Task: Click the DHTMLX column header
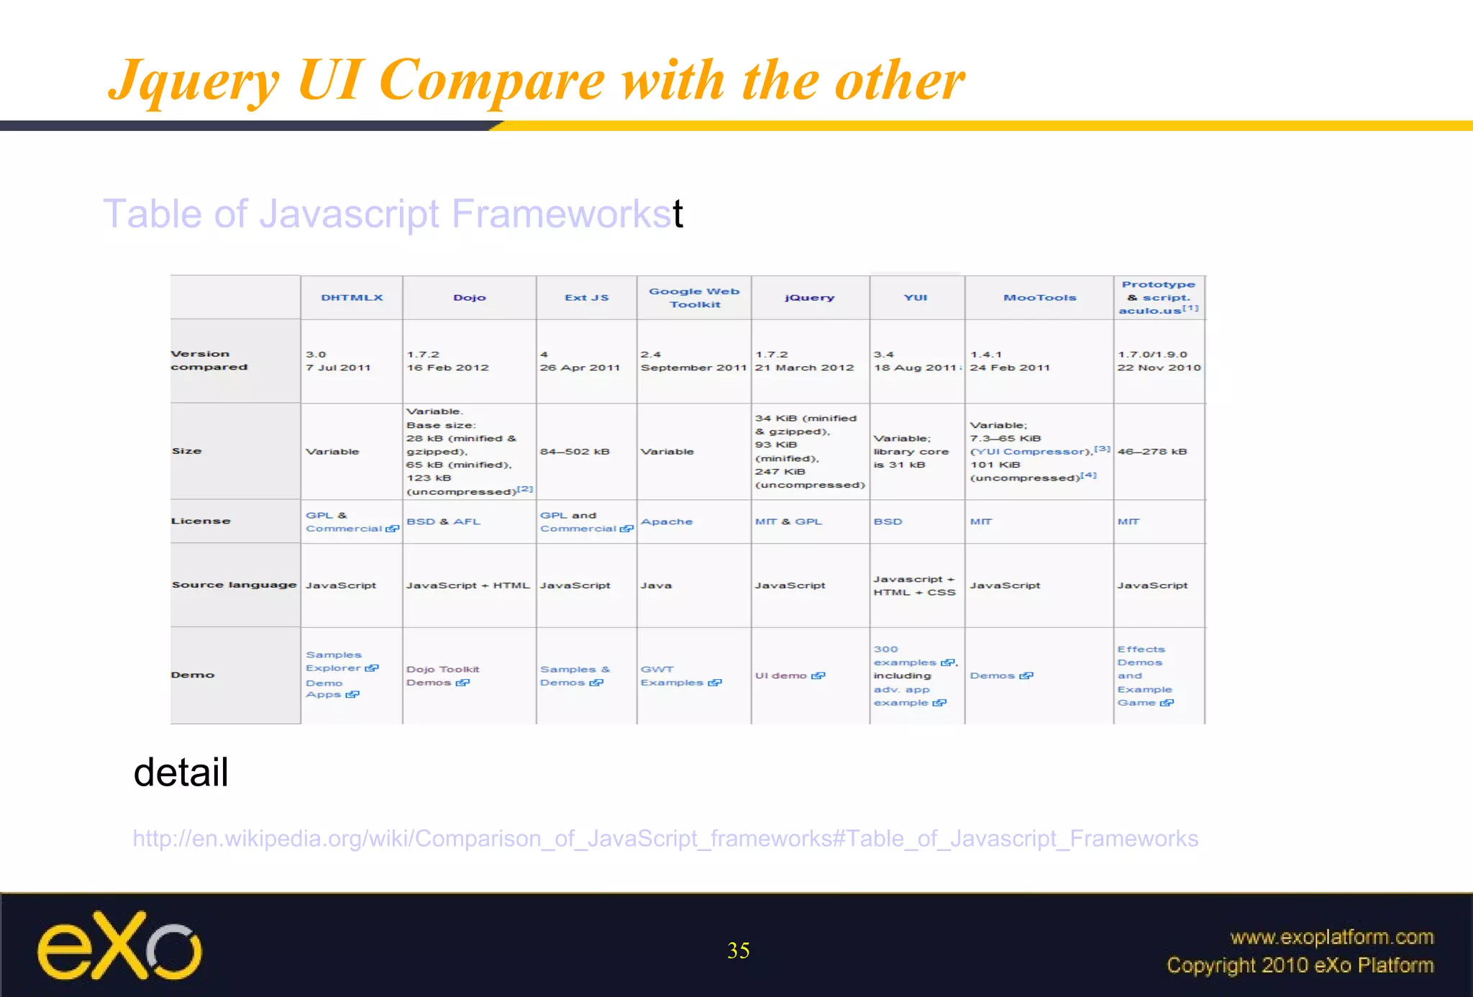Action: click(352, 298)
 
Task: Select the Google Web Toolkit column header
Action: click(694, 298)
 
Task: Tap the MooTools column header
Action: click(1039, 298)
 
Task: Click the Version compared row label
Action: click(209, 360)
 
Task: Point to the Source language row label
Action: click(234, 585)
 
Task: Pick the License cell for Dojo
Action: click(443, 522)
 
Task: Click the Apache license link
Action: click(667, 522)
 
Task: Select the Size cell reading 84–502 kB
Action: click(575, 452)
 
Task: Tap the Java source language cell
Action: click(656, 586)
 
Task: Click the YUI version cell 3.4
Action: click(914, 361)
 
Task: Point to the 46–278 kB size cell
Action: click(1152, 452)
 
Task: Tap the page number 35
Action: click(738, 951)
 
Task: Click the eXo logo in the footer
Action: click(119, 946)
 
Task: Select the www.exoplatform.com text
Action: click(1331, 937)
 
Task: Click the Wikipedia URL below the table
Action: click(665, 839)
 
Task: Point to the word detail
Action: click(181, 773)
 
